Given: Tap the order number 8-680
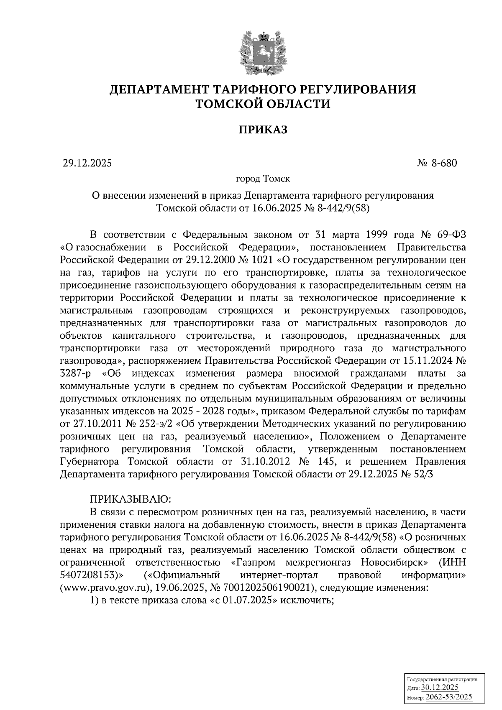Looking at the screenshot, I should (x=444, y=163).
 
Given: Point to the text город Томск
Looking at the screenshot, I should (x=263, y=179).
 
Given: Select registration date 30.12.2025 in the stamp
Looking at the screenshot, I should (x=440, y=688).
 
